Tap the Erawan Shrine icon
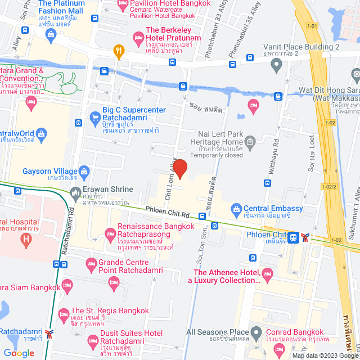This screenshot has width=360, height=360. tap(76, 195)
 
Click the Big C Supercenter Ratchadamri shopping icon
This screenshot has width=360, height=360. tap(95, 118)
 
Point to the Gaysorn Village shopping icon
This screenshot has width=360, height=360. tap(85, 171)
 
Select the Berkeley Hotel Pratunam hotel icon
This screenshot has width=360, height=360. tap(138, 38)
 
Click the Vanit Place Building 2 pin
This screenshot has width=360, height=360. tap(276, 65)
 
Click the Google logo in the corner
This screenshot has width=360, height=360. tap(18, 353)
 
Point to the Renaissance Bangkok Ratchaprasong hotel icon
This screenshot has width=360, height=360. tap(110, 232)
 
